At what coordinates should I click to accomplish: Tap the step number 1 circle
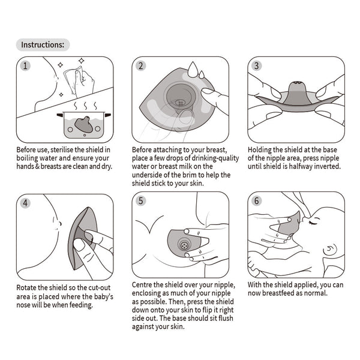pos(25,66)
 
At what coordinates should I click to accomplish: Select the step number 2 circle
pos(141,66)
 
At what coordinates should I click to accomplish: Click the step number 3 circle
pos(257,66)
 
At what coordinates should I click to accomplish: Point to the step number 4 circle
pos(25,202)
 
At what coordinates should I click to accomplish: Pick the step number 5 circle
pos(141,202)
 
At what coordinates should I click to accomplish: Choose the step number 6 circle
pos(257,201)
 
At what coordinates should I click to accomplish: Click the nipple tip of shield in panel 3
pos(297,84)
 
